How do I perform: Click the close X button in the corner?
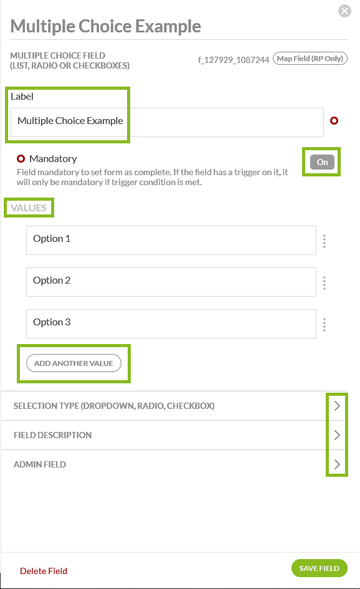pyautogui.click(x=344, y=11)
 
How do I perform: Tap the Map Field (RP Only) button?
pyautogui.click(x=310, y=59)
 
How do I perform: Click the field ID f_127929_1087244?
pyautogui.click(x=234, y=60)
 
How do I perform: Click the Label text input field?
pyautogui.click(x=167, y=122)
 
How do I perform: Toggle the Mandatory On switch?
pyautogui.click(x=322, y=162)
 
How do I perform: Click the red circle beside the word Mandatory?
pyautogui.click(x=21, y=158)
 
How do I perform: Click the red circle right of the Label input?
pyautogui.click(x=334, y=120)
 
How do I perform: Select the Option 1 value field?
pyautogui.click(x=171, y=240)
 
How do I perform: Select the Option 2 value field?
pyautogui.click(x=171, y=282)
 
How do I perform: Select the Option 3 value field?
pyautogui.click(x=171, y=323)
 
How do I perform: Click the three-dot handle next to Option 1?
pyautogui.click(x=324, y=241)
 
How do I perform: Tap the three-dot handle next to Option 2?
pyautogui.click(x=324, y=283)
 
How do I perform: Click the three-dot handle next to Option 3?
pyautogui.click(x=324, y=325)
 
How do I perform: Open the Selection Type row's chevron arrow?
pyautogui.click(x=337, y=406)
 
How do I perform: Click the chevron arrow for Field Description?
pyautogui.click(x=337, y=435)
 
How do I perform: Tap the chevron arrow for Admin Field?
pyautogui.click(x=337, y=464)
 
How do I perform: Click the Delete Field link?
pyautogui.click(x=44, y=571)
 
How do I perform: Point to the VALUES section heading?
pyautogui.click(x=29, y=208)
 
